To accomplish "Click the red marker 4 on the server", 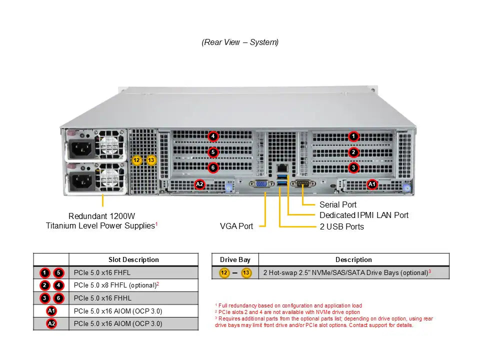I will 213,136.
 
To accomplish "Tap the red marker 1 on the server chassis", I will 353,136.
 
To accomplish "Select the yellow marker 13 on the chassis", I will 151,160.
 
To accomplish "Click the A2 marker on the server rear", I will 199,184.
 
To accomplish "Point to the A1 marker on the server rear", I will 372,184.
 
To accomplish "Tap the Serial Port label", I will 338,204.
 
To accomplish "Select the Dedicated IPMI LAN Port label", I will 363,215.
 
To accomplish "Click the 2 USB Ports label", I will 341,226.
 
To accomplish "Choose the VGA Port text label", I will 236,226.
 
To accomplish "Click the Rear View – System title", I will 240,42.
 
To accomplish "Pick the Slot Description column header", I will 133,259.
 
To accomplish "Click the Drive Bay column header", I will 235,259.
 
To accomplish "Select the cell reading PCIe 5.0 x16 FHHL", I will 102,298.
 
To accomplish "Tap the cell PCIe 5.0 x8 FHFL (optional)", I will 115,285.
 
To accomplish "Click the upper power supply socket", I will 82,148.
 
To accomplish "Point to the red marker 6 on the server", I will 213,167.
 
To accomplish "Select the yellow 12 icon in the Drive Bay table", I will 224,272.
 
